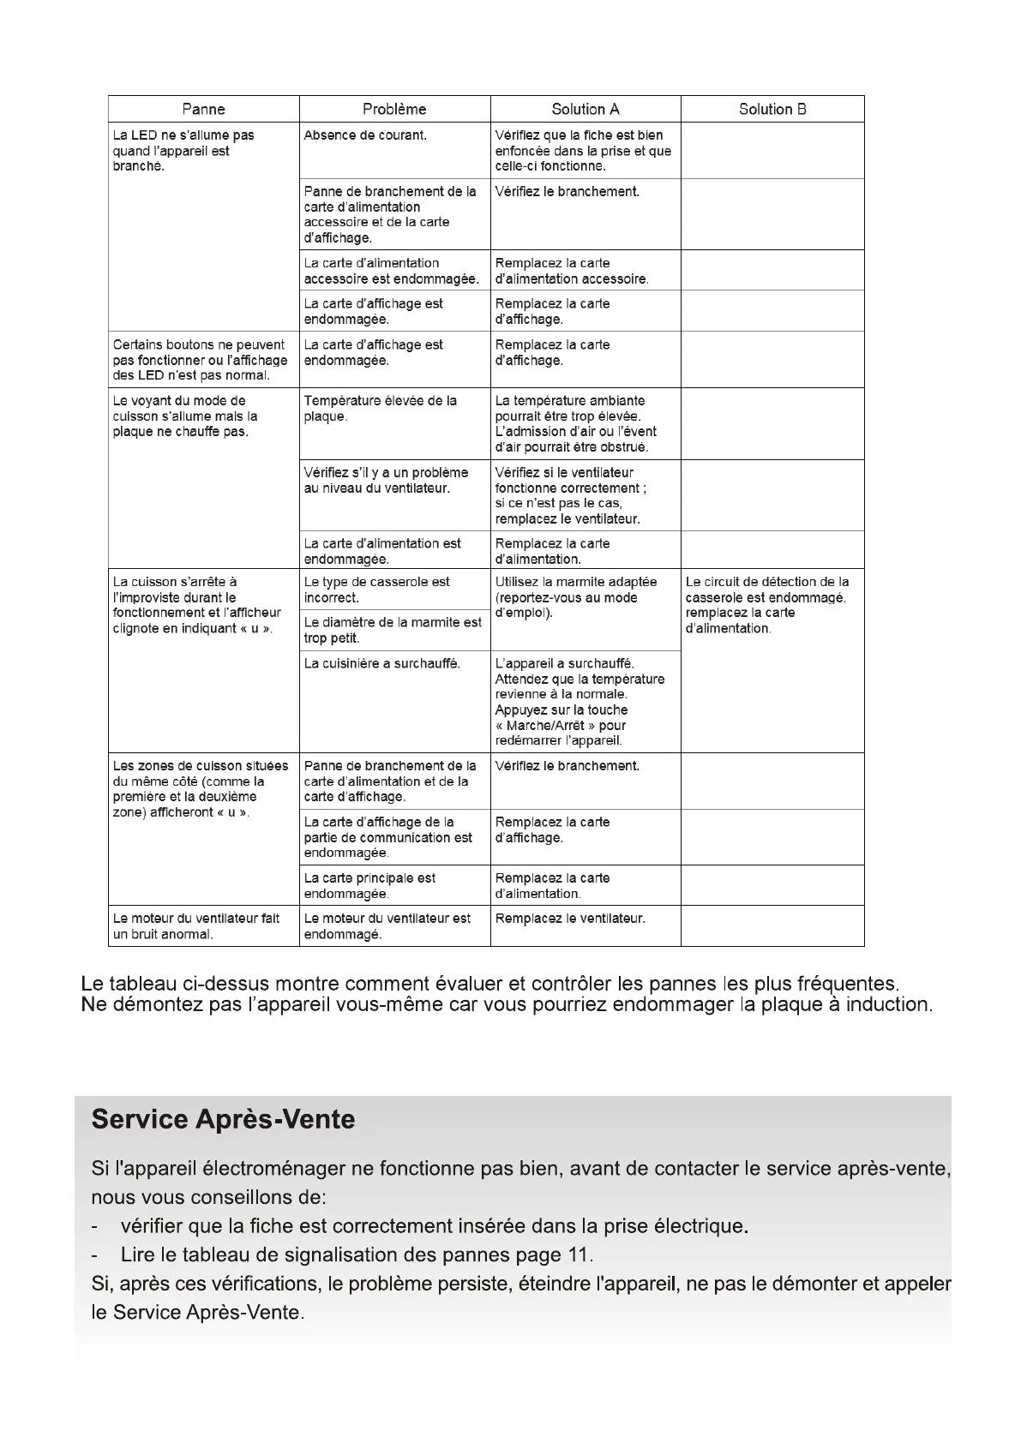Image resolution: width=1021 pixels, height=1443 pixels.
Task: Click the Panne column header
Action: [203, 109]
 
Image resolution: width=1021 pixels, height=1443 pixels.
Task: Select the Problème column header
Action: [394, 109]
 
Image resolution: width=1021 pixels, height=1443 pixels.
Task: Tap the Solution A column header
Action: [586, 109]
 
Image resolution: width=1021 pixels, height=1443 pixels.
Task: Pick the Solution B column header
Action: [772, 109]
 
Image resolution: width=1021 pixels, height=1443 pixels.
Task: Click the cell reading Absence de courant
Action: [365, 135]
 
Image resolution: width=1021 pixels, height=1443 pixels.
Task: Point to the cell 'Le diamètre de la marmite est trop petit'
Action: [393, 631]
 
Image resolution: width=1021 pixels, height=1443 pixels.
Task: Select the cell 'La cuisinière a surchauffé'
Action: [381, 663]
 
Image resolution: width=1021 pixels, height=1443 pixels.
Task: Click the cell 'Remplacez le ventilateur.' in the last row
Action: [570, 919]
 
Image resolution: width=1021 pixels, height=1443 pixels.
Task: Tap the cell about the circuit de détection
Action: [767, 605]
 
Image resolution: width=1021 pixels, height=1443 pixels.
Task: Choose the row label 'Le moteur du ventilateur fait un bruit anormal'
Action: [196, 926]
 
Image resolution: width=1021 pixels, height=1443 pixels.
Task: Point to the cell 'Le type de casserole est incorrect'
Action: [376, 590]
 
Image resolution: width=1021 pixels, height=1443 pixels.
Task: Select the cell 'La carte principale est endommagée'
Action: [369, 886]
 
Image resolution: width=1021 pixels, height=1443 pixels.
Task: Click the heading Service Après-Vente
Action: [223, 1120]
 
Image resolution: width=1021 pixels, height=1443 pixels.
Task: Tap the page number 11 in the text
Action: [579, 1255]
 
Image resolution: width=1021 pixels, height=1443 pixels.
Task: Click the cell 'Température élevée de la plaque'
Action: [380, 409]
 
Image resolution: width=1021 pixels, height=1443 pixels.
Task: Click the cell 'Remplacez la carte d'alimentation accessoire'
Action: [572, 271]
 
